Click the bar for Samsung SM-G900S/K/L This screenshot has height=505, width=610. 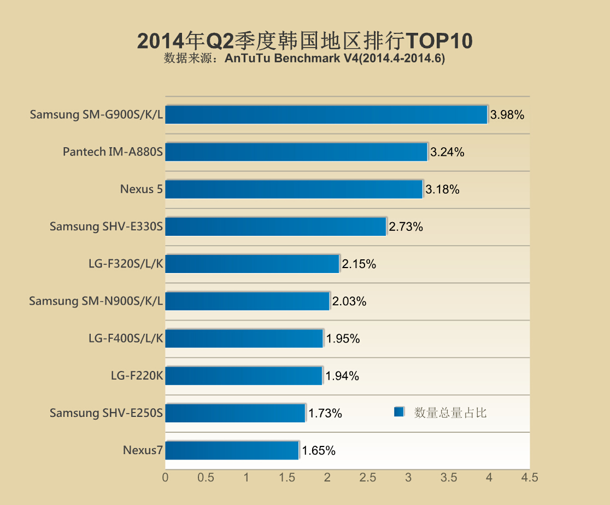click(326, 115)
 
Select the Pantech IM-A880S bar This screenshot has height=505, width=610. click(296, 152)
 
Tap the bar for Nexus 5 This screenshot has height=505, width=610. click(294, 189)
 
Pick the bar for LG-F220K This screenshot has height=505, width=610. click(244, 376)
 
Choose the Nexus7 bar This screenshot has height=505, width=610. click(232, 450)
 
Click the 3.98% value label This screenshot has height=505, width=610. click(507, 115)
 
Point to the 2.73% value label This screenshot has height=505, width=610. click(406, 227)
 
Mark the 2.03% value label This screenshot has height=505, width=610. click(349, 301)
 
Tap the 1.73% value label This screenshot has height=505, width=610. click(325, 413)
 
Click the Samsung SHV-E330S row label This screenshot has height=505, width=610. click(106, 227)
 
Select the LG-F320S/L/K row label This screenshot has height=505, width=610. click(126, 264)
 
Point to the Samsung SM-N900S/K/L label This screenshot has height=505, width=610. click(96, 301)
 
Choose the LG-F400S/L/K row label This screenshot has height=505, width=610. click(126, 338)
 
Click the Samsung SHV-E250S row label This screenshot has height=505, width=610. click(106, 413)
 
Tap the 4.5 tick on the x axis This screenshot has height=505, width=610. click(529, 478)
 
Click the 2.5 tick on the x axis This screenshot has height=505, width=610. click(367, 478)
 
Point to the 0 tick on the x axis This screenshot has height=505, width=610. click(165, 478)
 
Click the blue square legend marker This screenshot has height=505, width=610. click(398, 412)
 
